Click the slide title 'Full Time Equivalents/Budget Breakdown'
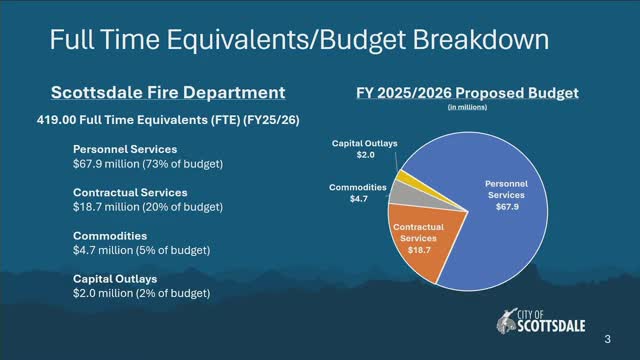pyautogui.click(x=299, y=40)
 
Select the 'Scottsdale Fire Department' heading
pyautogui.click(x=168, y=92)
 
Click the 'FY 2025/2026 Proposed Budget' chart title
pyautogui.click(x=467, y=93)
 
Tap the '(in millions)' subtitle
pyautogui.click(x=467, y=107)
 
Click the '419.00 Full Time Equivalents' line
pyautogui.click(x=168, y=120)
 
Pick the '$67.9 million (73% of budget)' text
pyautogui.click(x=148, y=164)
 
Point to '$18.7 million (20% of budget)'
pyautogui.click(x=148, y=207)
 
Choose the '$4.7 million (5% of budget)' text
pyautogui.click(x=141, y=250)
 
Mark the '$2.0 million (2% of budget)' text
pyautogui.click(x=141, y=293)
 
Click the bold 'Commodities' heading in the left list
pyautogui.click(x=110, y=236)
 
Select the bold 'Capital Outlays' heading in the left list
pyautogui.click(x=115, y=279)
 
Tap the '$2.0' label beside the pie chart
pyautogui.click(x=365, y=155)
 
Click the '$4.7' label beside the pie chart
pyautogui.click(x=359, y=199)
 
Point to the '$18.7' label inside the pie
pyautogui.click(x=419, y=250)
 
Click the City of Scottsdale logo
pyautogui.click(x=541, y=322)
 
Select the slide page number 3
pyautogui.click(x=607, y=339)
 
